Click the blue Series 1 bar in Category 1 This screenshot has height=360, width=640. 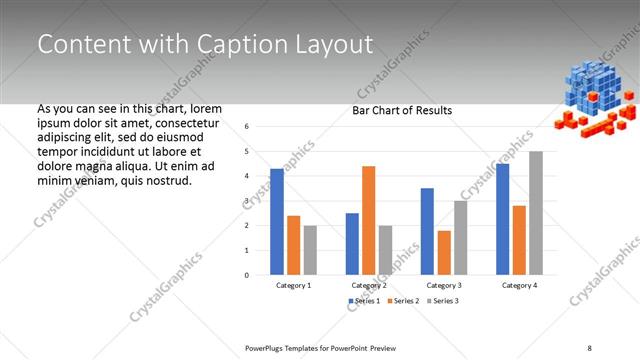pos(277,221)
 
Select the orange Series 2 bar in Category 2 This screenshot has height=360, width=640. pos(368,220)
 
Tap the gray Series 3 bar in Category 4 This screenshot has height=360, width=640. pos(536,213)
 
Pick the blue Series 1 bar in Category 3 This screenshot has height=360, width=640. pos(427,231)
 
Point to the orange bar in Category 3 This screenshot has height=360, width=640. pos(444,252)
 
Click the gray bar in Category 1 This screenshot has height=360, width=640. pos(310,250)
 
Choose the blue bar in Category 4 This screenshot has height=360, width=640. pos(502,219)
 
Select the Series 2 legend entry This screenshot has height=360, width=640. pos(402,300)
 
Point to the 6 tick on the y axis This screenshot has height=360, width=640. pos(247,127)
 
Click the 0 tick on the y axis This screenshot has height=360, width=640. pos(247,275)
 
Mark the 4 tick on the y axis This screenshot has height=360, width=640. pos(247,176)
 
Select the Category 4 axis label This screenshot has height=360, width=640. pos(519,285)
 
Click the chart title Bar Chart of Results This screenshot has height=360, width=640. pos(402,110)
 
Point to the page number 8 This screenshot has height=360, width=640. pos(590,347)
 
